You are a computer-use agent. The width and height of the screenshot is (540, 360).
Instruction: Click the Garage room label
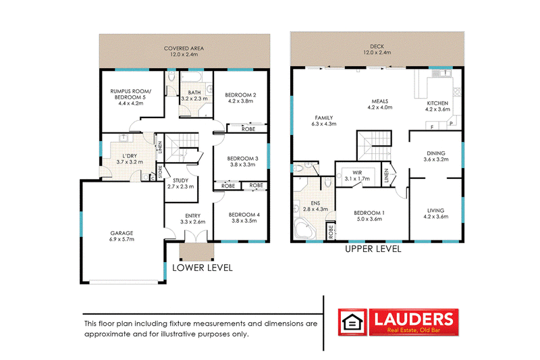[x=122, y=233]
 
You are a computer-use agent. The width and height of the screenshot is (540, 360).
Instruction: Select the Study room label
[x=180, y=180]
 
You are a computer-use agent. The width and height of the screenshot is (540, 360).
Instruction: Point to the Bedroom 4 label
[x=245, y=215]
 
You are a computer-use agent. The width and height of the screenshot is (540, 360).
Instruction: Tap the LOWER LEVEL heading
[x=202, y=268]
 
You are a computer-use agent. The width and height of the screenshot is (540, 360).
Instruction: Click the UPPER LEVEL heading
[x=373, y=249]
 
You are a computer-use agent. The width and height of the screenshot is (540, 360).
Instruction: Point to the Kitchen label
[x=437, y=103]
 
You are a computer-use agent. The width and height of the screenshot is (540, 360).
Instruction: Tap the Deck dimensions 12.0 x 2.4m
[x=377, y=52]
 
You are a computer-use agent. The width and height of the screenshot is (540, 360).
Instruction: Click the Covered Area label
[x=184, y=49]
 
